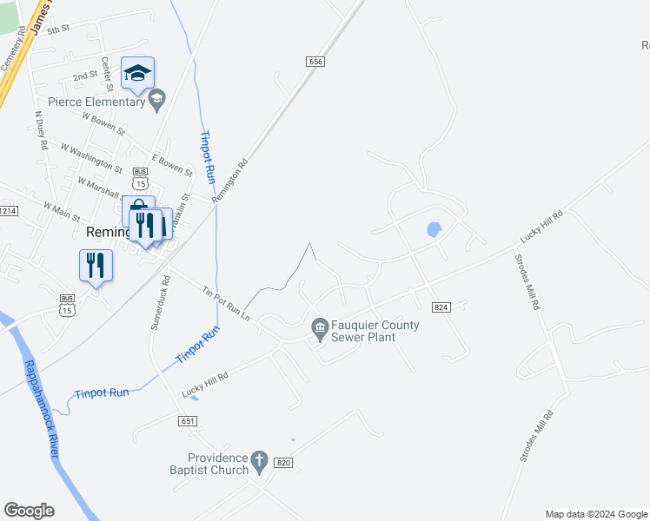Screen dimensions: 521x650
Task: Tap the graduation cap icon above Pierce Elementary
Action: click(x=137, y=73)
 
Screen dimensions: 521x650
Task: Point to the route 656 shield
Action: click(x=315, y=61)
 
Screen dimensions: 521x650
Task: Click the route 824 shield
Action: click(x=440, y=307)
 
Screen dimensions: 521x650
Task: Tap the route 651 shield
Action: click(x=189, y=421)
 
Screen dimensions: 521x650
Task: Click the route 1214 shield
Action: click(x=8, y=211)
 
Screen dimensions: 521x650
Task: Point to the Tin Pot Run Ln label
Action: click(x=226, y=305)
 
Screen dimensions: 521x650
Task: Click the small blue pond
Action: click(x=433, y=230)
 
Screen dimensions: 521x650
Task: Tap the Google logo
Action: click(x=29, y=511)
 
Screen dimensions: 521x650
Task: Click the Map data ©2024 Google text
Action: click(x=595, y=514)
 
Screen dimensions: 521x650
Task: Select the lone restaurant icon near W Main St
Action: click(x=96, y=265)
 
